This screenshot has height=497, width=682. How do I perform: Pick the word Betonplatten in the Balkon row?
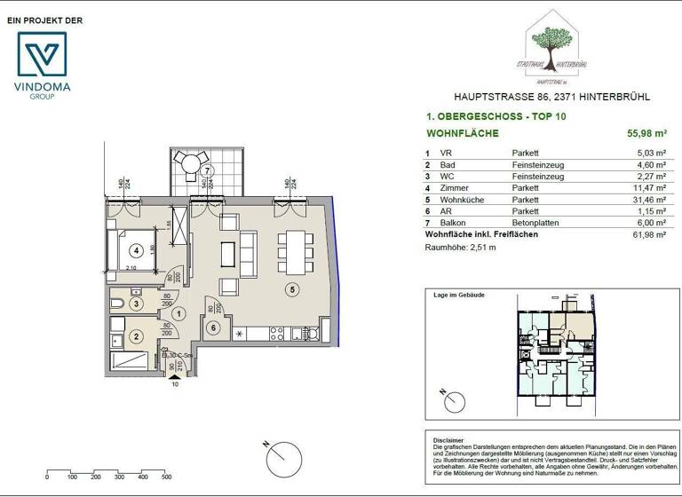535,224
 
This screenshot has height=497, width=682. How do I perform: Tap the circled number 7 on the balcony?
206,170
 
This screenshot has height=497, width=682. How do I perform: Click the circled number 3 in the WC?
136,304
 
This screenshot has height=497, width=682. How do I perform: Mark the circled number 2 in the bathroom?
136,336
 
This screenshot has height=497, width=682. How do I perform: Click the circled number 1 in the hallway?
178,312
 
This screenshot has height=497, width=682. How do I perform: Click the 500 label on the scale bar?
166,477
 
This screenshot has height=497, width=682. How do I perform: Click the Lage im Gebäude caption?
458,294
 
